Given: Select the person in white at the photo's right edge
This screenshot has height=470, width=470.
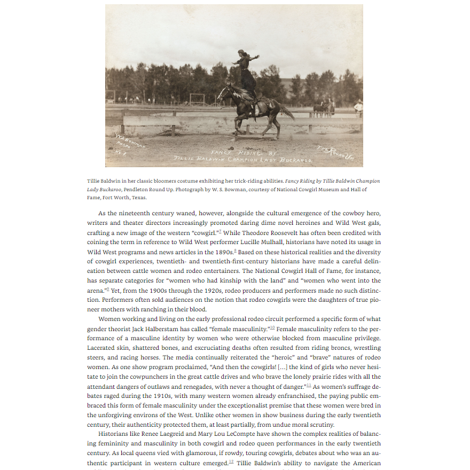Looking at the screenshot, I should click(x=358, y=107).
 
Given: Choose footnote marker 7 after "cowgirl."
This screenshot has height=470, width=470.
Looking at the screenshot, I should click(x=220, y=231).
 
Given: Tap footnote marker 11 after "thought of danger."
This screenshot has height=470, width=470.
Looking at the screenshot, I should click(x=308, y=385).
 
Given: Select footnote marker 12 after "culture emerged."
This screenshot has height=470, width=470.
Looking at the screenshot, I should click(x=231, y=461).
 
